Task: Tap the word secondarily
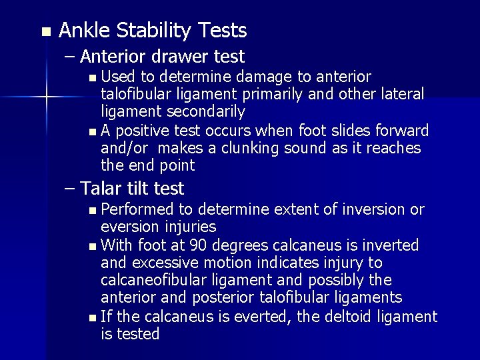[207, 111]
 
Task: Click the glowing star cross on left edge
[46, 99]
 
